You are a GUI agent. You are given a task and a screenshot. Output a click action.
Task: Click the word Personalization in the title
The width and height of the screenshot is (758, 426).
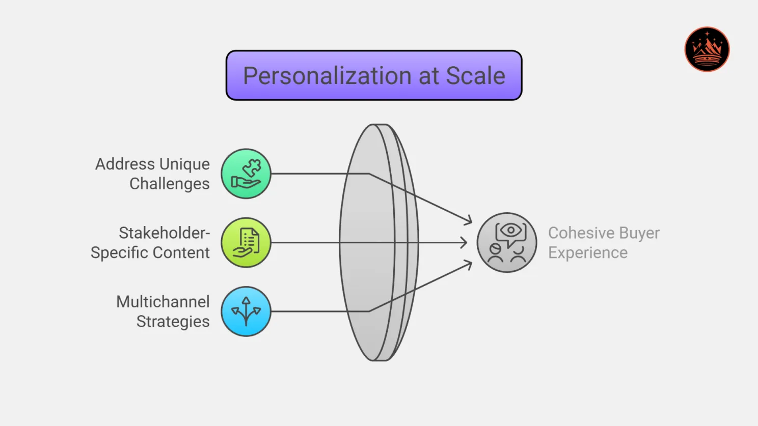327,76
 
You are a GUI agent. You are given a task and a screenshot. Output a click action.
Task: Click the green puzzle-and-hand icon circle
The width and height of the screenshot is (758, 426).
246,174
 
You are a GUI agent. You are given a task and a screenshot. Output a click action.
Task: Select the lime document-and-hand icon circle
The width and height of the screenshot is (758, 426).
246,243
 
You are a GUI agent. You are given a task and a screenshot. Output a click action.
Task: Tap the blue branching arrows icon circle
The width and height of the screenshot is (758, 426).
246,311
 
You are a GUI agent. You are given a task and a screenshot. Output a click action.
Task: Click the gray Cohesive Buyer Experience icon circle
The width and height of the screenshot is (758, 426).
506,243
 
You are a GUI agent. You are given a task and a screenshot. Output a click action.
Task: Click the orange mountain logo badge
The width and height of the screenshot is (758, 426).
707,49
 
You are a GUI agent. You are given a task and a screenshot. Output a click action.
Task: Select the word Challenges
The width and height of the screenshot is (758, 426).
169,184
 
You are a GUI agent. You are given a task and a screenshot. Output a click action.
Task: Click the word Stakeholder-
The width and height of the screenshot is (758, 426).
164,233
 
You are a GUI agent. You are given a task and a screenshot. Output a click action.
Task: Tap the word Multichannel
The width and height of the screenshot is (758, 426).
163,302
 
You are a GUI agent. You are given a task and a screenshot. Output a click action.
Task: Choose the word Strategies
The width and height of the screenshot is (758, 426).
173,322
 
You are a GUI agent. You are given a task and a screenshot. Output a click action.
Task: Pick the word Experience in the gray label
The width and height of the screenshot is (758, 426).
587,253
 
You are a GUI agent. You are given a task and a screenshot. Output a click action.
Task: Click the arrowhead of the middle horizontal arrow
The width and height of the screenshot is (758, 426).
464,243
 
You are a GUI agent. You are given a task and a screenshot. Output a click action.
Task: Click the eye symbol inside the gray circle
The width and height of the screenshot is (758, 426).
510,231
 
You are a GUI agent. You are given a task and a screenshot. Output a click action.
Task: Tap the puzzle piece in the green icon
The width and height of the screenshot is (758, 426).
252,167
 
